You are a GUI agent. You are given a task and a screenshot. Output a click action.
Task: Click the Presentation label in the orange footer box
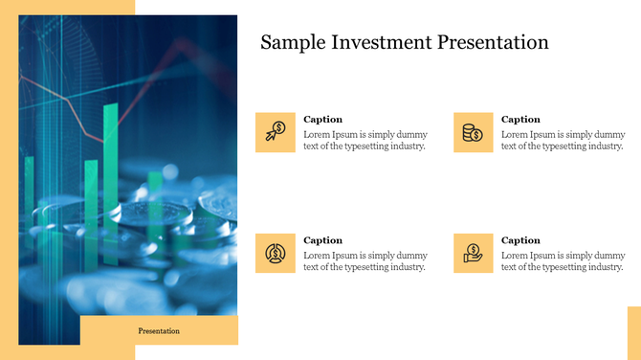click(x=159, y=330)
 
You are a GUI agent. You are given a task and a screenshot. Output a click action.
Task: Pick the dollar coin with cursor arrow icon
click(x=276, y=132)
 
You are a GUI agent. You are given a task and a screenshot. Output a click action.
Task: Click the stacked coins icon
click(x=474, y=132)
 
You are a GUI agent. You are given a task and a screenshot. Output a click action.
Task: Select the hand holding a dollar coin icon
click(x=474, y=253)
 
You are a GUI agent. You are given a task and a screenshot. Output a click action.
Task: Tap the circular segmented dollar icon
click(x=276, y=253)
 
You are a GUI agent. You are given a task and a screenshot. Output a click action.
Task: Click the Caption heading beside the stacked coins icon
click(x=520, y=120)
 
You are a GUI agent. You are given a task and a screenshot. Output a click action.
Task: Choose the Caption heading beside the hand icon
click(x=520, y=240)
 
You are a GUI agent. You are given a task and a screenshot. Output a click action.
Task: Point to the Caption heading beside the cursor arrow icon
click(x=322, y=120)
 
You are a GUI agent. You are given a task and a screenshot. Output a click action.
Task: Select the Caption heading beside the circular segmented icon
click(x=322, y=240)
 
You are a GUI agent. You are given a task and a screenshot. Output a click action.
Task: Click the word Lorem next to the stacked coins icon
click(x=514, y=134)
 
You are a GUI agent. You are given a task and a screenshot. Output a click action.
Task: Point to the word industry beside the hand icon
click(x=604, y=267)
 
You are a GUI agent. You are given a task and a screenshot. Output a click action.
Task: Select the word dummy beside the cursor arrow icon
click(x=413, y=134)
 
